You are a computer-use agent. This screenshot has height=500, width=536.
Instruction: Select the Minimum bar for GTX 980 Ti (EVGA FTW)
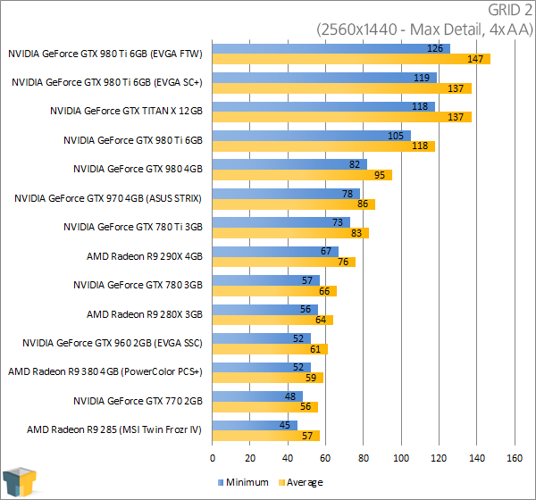tap(331, 48)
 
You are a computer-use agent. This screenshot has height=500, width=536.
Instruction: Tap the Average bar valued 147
tap(351, 60)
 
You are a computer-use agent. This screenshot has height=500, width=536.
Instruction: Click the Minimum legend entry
tap(244, 482)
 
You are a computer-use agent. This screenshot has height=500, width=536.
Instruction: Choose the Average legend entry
tap(299, 482)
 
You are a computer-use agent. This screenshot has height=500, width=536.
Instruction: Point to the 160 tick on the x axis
tap(514, 458)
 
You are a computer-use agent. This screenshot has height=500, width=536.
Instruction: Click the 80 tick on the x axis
tap(363, 458)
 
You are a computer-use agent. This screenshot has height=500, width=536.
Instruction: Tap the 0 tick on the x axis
tap(213, 458)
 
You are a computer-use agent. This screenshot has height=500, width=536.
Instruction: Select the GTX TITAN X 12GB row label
tap(127, 111)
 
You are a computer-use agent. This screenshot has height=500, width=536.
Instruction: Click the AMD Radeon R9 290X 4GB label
tap(145, 256)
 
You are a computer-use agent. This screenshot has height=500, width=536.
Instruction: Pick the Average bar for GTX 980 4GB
tap(302, 175)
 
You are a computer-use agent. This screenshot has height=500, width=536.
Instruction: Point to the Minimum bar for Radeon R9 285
tap(255, 425)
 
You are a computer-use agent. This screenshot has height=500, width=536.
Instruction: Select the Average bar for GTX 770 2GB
tap(265, 407)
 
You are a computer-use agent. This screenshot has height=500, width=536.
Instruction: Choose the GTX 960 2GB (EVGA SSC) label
tap(113, 343)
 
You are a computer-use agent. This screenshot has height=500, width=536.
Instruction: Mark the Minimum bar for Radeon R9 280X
tap(265, 309)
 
